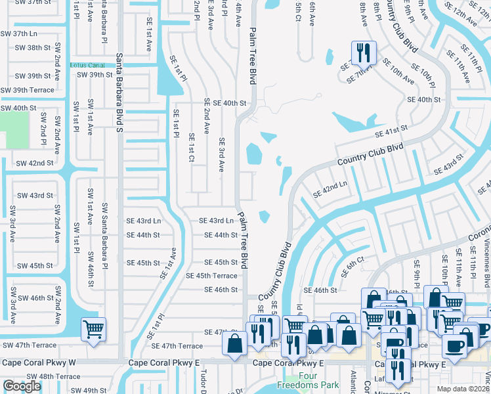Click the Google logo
coord(22,386)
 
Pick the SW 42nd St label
coord(34,162)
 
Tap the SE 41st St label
coord(391,131)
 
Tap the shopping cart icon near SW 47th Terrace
coord(93,328)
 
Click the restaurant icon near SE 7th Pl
coord(364,51)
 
